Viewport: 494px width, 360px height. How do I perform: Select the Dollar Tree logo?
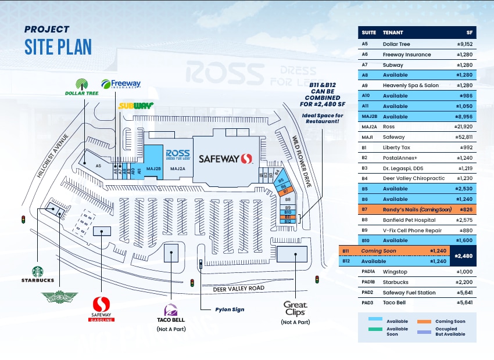coord(82,87)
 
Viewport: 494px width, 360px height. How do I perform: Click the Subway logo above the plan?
coord(135,106)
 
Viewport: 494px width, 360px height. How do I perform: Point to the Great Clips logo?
coord(295,308)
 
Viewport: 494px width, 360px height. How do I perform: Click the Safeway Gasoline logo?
coord(101,307)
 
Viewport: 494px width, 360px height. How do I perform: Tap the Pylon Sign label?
coord(230,309)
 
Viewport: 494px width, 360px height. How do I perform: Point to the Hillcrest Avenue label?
coord(52,156)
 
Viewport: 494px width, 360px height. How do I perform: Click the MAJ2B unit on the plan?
coord(153,168)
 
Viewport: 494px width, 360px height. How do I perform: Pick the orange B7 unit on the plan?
coord(285,191)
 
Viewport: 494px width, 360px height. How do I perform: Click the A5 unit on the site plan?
coord(99,166)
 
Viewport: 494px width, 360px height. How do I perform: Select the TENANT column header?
coord(393,33)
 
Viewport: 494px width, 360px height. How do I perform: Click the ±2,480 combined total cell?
coord(465,256)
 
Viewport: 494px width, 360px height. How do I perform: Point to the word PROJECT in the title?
coord(46,30)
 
